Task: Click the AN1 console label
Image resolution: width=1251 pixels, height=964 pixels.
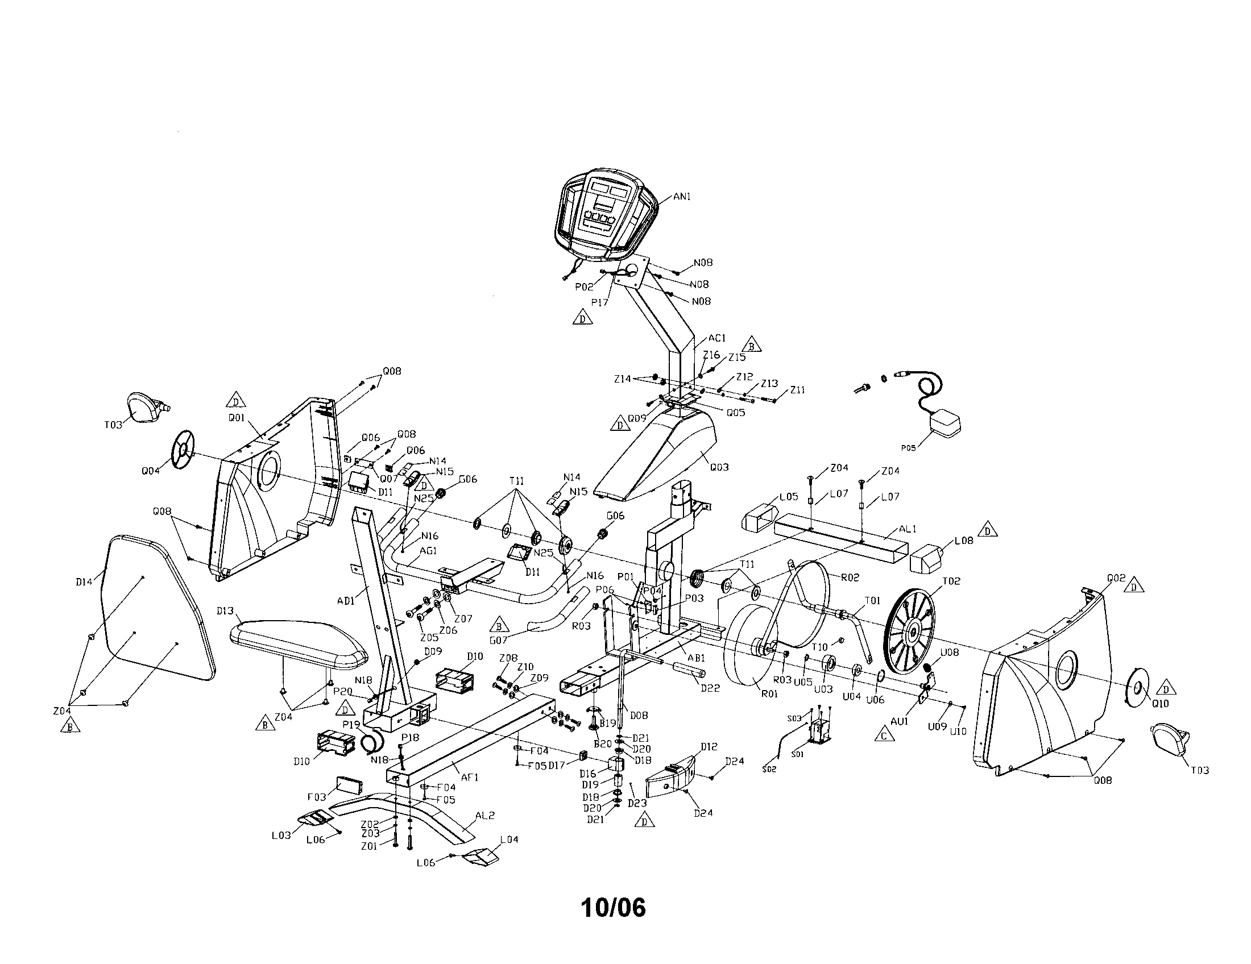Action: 682,196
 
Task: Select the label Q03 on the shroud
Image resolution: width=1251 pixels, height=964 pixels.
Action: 719,467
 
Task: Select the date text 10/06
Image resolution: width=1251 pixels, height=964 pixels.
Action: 614,907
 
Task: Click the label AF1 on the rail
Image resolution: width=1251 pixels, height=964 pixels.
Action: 469,778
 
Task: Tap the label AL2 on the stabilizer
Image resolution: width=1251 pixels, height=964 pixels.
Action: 484,816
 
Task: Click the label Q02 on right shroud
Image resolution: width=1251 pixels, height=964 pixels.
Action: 1116,578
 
